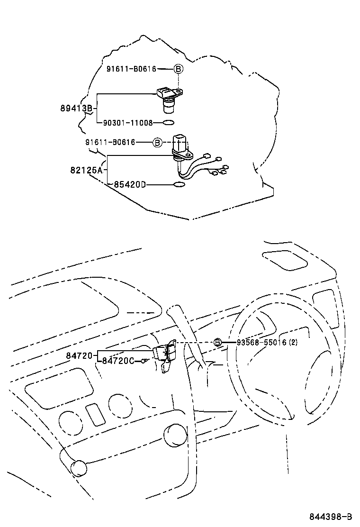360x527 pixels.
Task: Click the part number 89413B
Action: (x=76, y=109)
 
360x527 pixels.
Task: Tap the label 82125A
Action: (x=86, y=170)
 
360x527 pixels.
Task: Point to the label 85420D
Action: (x=129, y=184)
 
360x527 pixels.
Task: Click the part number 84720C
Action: (x=118, y=361)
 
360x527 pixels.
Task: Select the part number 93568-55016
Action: (x=261, y=343)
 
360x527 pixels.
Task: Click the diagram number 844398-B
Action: (x=331, y=516)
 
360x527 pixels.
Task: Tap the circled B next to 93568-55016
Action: (x=217, y=343)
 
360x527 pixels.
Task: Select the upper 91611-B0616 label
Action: (x=131, y=69)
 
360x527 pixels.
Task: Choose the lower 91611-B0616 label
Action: (x=110, y=143)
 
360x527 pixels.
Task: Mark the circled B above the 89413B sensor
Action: (x=178, y=69)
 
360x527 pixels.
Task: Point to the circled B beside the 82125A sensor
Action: (x=157, y=143)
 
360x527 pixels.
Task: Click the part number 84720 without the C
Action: (x=79, y=355)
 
